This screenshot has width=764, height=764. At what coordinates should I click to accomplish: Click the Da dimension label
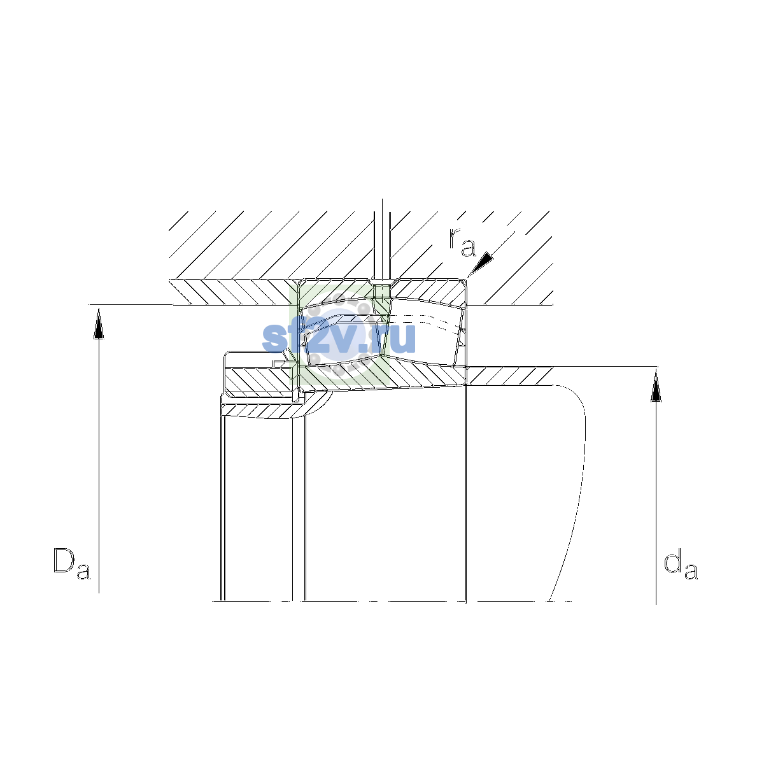coord(72,563)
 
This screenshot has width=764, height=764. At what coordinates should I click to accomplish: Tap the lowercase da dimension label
coord(681,564)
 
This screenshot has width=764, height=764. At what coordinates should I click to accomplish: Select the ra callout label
coord(462,242)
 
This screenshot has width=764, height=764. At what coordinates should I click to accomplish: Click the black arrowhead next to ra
coord(481,263)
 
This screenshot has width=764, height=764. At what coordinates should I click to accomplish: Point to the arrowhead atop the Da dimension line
coord(99,323)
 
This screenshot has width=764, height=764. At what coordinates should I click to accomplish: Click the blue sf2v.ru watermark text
coord(339,338)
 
